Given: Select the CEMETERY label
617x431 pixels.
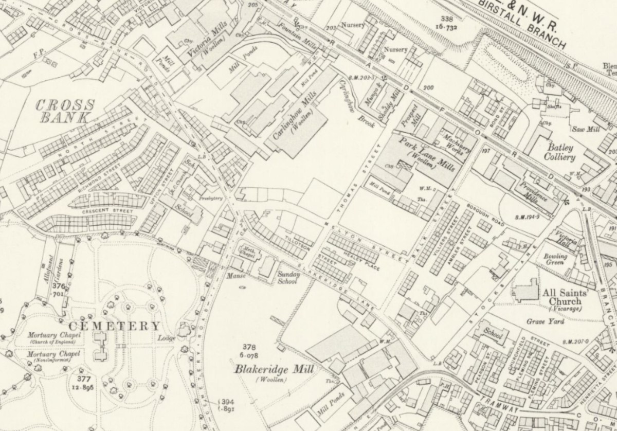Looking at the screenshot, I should (x=114, y=326).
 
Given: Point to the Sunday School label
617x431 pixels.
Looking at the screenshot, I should (x=288, y=278).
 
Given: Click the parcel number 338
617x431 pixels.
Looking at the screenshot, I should (x=443, y=19).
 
